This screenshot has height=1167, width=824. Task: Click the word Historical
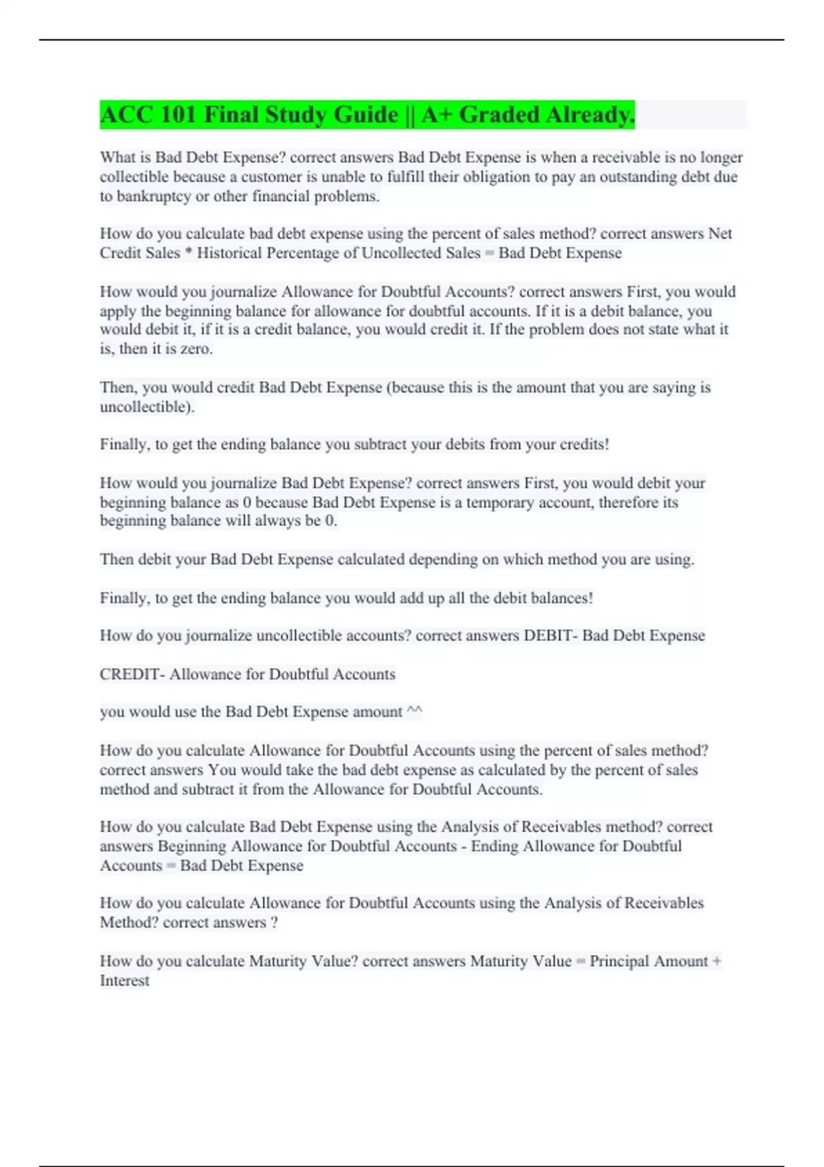229,253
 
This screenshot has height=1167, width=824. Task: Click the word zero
196,349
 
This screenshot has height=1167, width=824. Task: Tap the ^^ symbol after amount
414,712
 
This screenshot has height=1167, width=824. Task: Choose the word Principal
621,961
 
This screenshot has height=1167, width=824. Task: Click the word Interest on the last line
124,980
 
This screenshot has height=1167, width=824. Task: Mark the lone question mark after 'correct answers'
275,923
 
